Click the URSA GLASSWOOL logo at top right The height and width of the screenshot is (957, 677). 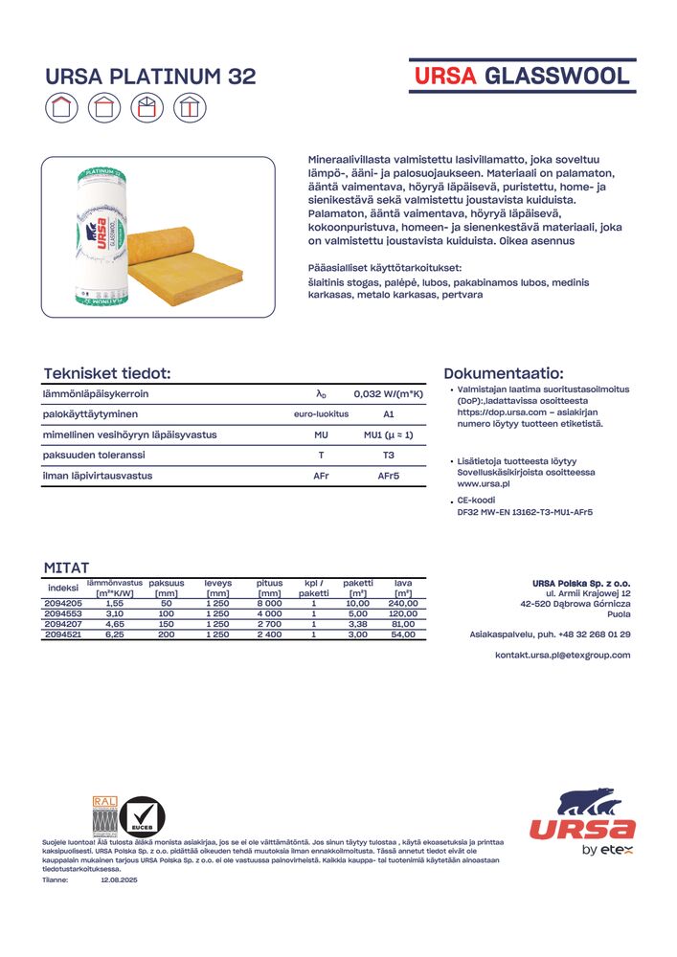(522, 77)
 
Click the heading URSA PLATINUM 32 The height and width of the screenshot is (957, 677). (151, 77)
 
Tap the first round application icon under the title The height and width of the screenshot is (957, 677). (61, 107)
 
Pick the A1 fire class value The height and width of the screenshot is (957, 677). (388, 414)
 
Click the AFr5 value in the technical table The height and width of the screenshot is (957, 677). (388, 476)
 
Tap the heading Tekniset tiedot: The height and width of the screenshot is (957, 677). (107, 373)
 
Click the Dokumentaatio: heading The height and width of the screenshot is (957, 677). (504, 373)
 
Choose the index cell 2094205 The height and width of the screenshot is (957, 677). (63, 604)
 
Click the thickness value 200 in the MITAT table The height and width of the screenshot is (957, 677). (166, 634)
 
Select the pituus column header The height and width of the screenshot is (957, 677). (269, 583)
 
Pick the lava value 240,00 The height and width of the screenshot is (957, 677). (402, 604)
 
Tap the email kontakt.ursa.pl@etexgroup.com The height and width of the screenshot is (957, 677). (562, 655)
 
